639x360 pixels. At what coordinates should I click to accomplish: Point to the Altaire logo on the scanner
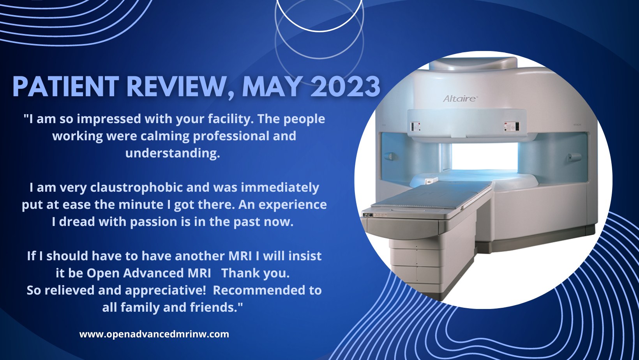pyautogui.click(x=460, y=98)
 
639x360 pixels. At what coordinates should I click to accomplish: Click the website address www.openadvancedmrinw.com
pyautogui.click(x=154, y=334)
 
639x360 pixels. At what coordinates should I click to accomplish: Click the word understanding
pyautogui.click(x=173, y=153)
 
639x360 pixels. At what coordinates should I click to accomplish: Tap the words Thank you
pyautogui.click(x=255, y=273)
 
